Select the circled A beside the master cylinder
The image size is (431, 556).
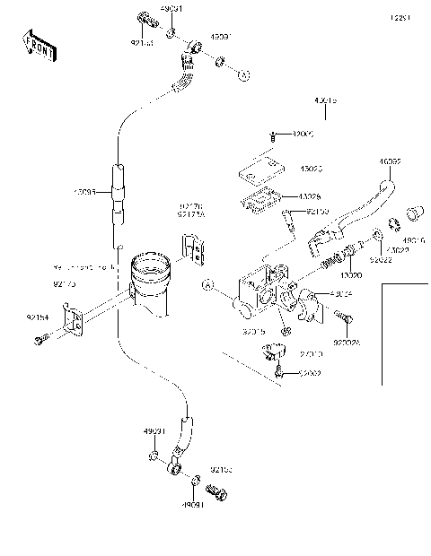point(207,287)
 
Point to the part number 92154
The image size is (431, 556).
point(36,317)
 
